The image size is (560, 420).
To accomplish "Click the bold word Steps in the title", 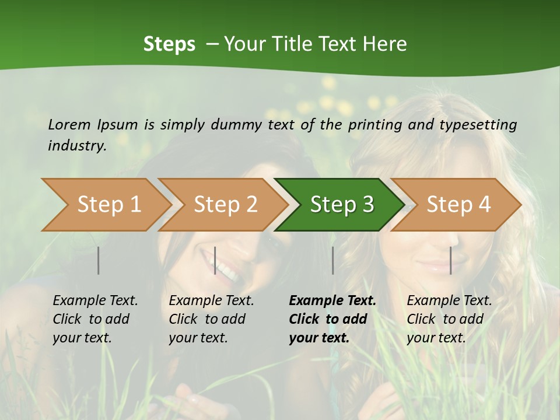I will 169,44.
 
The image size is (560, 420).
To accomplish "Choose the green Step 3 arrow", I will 342,204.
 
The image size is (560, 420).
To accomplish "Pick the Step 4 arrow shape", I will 459,204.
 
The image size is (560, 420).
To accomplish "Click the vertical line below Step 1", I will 99,260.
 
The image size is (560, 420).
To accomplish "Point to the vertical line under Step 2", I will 215,260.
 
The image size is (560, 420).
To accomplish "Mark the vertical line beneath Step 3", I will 332,260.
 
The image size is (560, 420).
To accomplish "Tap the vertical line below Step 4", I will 451,260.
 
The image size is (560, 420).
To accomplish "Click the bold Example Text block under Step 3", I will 332,319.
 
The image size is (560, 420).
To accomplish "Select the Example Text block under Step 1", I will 95,319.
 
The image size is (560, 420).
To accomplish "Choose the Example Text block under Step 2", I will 211,319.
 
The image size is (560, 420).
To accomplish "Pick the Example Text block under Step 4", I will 449,319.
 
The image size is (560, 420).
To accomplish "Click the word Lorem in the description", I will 69,124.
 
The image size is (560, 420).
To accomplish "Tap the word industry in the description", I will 76,145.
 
